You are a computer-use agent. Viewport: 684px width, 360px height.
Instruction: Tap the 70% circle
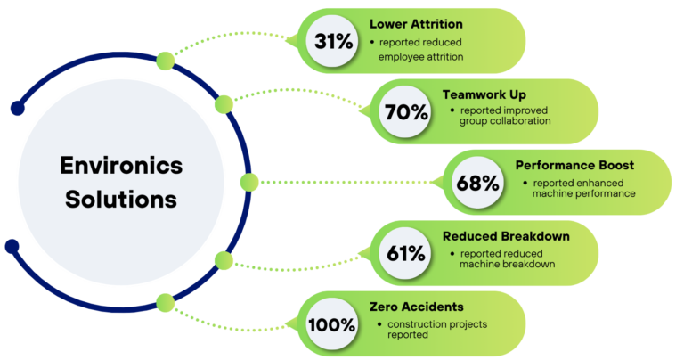pyautogui.click(x=405, y=111)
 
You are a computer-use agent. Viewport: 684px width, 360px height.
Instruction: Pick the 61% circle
pyautogui.click(x=405, y=253)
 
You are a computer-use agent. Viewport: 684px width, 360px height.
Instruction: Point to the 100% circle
pyautogui.click(x=331, y=324)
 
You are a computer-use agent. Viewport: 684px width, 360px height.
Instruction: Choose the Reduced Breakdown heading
pyautogui.click(x=506, y=236)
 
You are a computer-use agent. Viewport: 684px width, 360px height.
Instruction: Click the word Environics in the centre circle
pyautogui.click(x=121, y=166)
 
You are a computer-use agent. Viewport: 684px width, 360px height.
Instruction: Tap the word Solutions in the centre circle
pyautogui.click(x=121, y=200)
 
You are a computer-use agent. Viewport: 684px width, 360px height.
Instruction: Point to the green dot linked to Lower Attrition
pyautogui.click(x=165, y=60)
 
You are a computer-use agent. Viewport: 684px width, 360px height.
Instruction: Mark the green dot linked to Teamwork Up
pyautogui.click(x=222, y=104)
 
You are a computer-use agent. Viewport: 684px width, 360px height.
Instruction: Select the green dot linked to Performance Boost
pyautogui.click(x=248, y=183)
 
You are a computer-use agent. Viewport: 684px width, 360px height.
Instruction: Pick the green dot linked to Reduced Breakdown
pyautogui.click(x=222, y=260)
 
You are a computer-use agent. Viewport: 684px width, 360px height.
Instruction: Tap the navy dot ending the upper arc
pyautogui.click(x=17, y=109)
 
